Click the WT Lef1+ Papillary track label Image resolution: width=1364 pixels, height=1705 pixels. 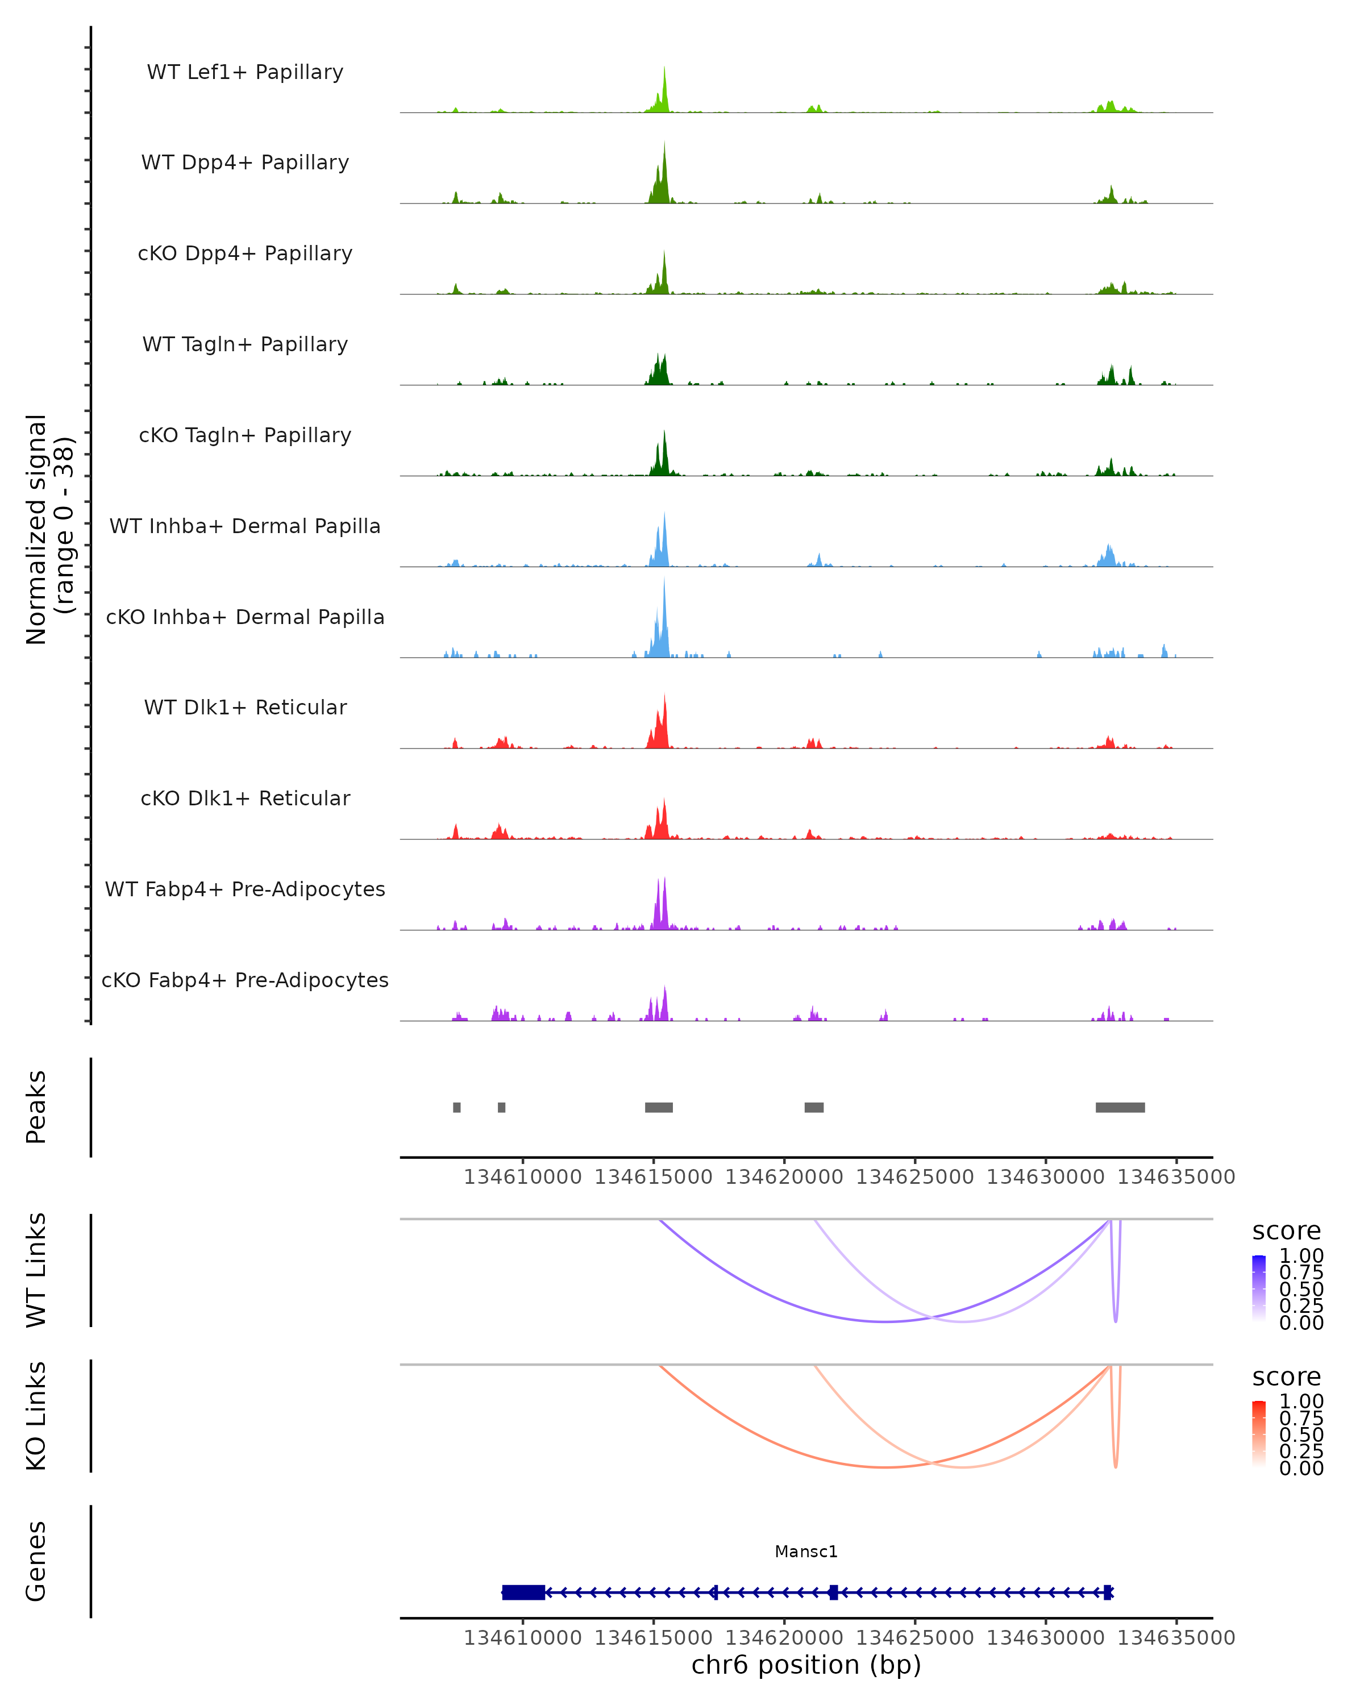coord(245,72)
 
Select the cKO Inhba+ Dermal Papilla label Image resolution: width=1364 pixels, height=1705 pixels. coord(245,617)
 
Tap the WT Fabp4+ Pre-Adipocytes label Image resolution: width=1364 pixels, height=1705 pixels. coord(245,889)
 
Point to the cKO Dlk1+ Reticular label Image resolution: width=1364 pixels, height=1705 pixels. coord(245,798)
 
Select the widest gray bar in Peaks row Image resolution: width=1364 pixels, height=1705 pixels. coord(1120,1107)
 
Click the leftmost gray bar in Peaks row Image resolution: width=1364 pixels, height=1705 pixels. coord(457,1107)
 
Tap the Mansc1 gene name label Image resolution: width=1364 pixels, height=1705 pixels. coord(806,1552)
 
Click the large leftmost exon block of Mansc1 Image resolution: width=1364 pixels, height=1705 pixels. coord(523,1592)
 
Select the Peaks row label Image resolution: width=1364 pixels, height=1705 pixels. coord(36,1107)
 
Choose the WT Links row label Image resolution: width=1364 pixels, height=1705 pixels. coord(36,1271)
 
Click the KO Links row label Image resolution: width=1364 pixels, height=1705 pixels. coord(36,1416)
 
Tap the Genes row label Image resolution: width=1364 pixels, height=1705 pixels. coord(36,1562)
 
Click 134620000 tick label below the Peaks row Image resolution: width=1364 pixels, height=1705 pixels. coord(784,1177)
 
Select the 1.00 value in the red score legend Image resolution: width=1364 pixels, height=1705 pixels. coord(1301,1402)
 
